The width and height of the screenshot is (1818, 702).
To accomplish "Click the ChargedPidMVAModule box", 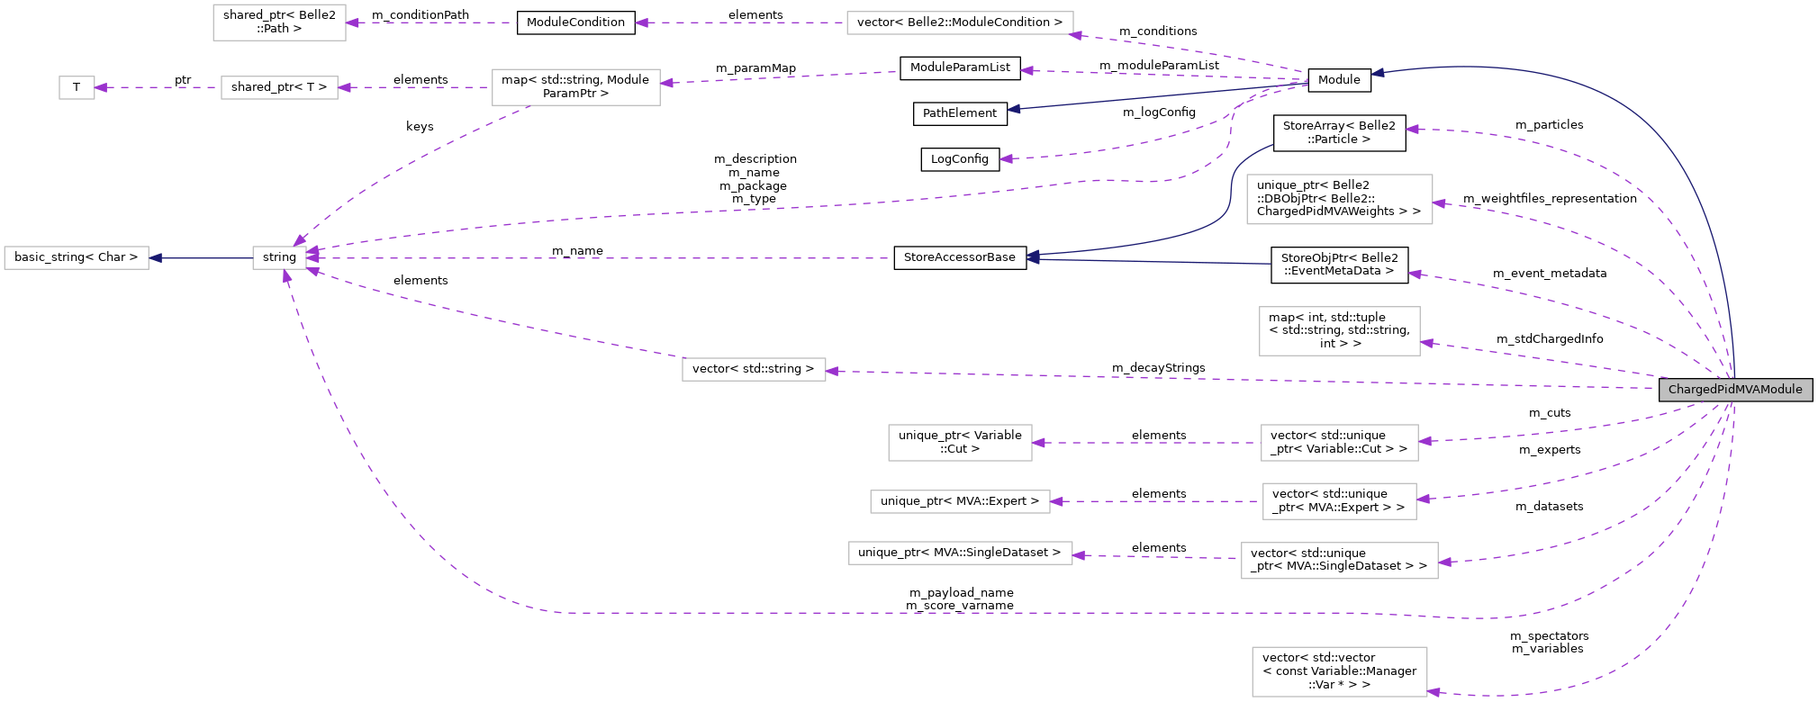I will (1735, 390).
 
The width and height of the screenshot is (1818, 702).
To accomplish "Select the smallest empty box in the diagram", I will (77, 87).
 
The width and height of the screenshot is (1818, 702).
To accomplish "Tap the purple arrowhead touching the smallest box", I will (101, 87).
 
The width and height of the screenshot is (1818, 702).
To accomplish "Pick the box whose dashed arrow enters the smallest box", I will (279, 87).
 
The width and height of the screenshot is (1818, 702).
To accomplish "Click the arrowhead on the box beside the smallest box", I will (344, 87).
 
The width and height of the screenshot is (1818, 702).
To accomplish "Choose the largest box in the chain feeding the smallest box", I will (575, 87).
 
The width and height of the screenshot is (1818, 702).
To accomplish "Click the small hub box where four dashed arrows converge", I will (279, 257).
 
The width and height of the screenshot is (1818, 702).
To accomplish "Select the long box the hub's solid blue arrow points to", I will (77, 257).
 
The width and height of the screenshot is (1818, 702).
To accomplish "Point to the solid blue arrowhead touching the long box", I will (155, 258).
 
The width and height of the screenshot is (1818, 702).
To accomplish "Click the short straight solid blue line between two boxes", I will (202, 258).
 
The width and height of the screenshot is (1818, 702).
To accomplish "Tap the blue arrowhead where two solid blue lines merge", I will (1033, 257).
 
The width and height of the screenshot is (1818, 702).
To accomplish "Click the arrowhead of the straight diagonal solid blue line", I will (1014, 109).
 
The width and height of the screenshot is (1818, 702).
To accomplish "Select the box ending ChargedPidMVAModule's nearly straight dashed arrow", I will (754, 369).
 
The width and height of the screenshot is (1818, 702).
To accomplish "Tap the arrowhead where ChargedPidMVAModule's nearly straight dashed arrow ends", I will (832, 371).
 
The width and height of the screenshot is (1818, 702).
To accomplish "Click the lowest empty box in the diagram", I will (1339, 671).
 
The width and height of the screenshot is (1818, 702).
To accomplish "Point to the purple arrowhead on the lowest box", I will (1434, 692).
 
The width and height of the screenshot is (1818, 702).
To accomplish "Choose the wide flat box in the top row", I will (960, 23).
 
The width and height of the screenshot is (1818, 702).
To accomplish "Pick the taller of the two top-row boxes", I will (279, 22).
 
